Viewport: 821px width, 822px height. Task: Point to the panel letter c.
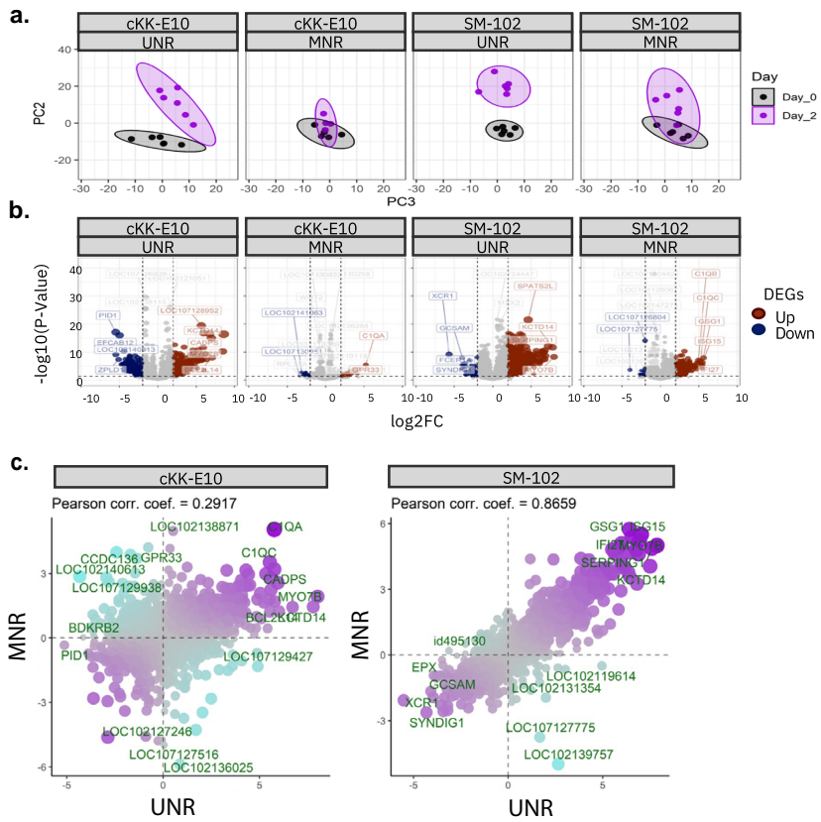[19, 462]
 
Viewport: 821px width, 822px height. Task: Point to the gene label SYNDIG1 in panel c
[437, 723]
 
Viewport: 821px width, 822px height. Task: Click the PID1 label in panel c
[75, 655]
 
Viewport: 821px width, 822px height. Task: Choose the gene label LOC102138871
[195, 526]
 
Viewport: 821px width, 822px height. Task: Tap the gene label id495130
[460, 641]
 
